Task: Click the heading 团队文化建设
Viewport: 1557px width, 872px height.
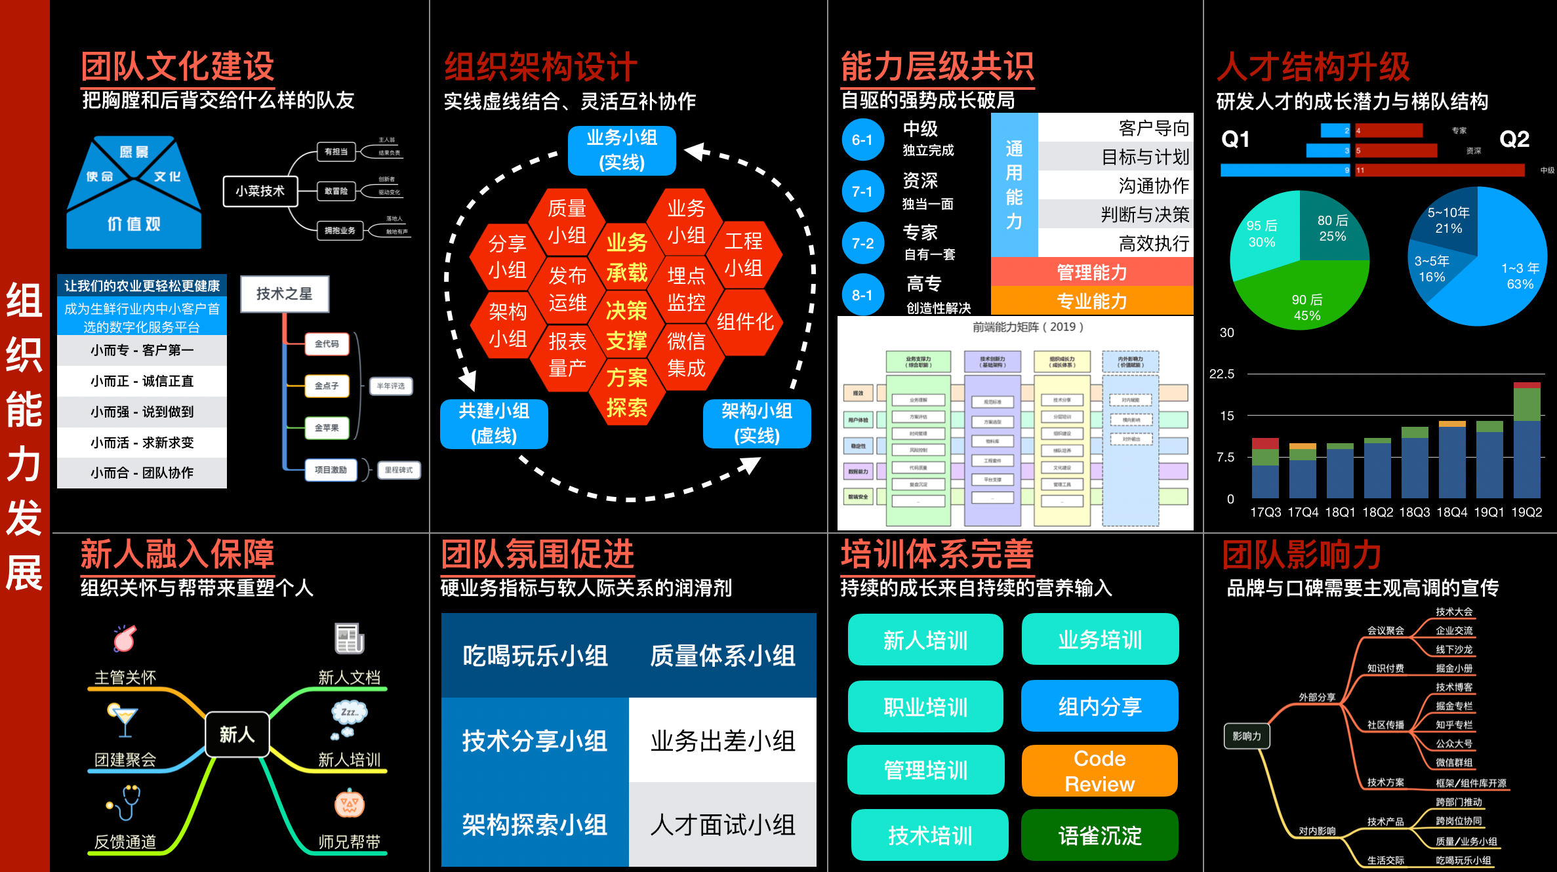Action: point(177,67)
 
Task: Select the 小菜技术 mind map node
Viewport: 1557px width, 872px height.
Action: point(260,191)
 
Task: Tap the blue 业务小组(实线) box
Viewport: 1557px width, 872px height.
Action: point(622,150)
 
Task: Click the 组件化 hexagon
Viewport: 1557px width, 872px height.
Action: point(745,322)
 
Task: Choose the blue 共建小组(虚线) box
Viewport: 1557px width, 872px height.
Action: point(494,424)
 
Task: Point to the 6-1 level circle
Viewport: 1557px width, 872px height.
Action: point(862,140)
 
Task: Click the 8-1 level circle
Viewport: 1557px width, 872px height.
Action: point(862,295)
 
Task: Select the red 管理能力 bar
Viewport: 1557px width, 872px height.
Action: point(1091,272)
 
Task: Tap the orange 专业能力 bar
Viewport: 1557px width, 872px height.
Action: point(1091,301)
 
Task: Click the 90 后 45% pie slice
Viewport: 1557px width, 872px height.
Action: point(1306,305)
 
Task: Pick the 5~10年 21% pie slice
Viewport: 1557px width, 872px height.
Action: point(1449,220)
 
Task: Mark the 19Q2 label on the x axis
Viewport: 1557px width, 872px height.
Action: point(1526,512)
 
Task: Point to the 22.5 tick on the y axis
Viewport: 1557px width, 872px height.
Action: point(1221,374)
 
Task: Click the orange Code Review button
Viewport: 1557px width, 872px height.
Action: point(1099,771)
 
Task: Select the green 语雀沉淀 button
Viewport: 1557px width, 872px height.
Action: point(1099,835)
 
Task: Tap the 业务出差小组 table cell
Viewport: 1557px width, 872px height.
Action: point(722,741)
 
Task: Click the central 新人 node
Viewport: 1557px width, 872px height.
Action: point(237,734)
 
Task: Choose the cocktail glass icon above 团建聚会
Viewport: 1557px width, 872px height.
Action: point(123,721)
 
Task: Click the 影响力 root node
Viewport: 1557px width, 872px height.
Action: point(1246,736)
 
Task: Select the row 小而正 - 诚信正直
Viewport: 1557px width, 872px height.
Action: point(142,381)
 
